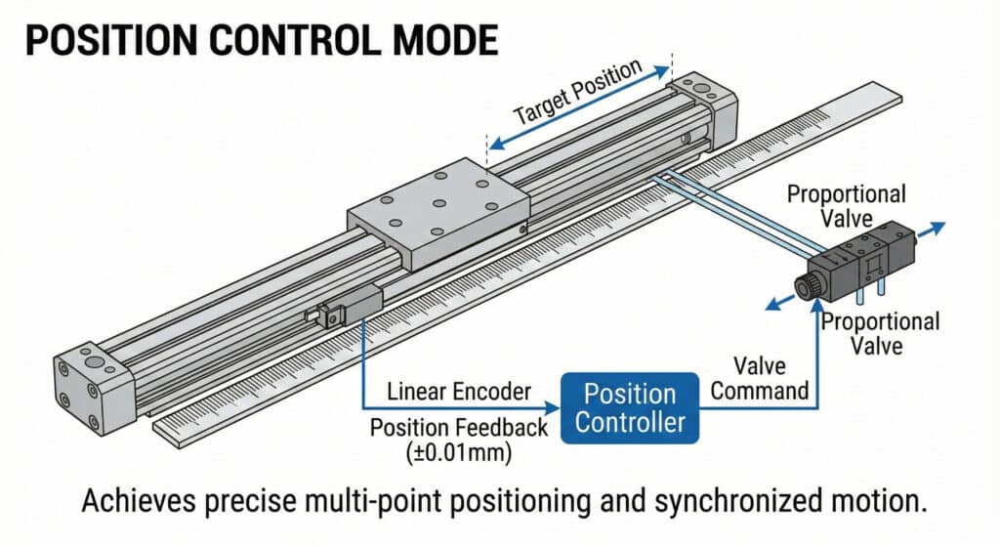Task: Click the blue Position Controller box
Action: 629,407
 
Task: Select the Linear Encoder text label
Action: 457,392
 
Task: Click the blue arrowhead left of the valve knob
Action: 772,305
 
